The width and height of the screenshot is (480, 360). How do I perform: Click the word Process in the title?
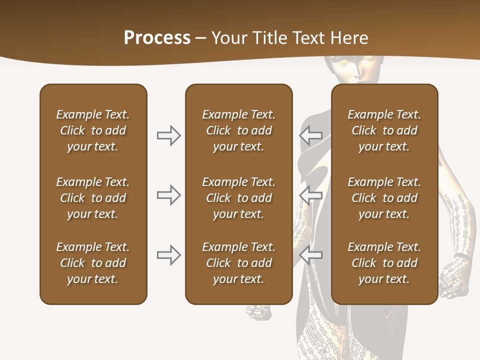(157, 38)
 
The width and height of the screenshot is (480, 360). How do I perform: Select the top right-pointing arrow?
(168, 135)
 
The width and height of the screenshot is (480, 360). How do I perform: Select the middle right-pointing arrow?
(168, 195)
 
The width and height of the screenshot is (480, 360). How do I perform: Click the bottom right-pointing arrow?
(168, 255)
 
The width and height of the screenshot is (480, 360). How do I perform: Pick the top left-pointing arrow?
(311, 135)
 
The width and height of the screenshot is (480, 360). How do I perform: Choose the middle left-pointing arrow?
(311, 195)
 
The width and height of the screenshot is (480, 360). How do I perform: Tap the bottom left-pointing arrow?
(311, 255)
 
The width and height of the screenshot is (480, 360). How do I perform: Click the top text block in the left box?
(93, 130)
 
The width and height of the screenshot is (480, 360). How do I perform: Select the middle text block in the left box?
(93, 198)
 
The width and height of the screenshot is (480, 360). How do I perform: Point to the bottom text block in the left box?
(93, 263)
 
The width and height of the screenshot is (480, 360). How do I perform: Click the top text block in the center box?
(238, 130)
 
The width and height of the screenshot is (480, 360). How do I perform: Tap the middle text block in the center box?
(238, 198)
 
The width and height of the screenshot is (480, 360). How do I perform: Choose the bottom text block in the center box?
(238, 263)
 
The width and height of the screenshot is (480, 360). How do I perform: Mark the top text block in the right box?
(384, 130)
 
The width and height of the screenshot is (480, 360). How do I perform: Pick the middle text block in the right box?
(384, 198)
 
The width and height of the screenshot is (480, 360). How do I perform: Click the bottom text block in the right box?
(384, 263)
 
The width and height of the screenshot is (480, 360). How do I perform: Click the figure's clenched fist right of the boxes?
(455, 272)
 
